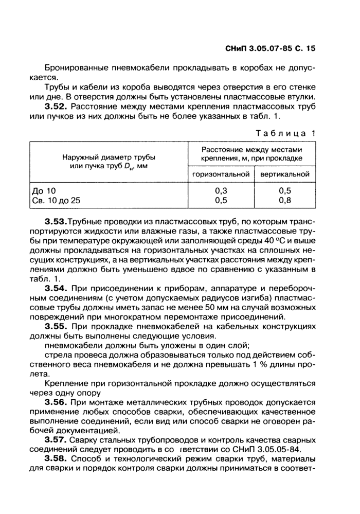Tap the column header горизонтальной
click(221, 174)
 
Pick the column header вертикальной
click(284, 174)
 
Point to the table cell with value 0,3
click(221, 190)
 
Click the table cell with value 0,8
click(284, 200)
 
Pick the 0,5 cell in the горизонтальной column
click(221, 200)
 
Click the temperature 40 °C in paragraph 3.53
click(282, 240)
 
